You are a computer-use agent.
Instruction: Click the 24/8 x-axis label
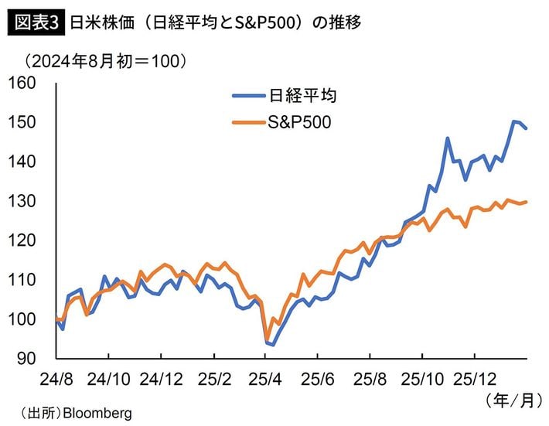[x=54, y=380]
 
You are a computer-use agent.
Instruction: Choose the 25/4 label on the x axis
[x=265, y=380]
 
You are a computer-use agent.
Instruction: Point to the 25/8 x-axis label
[x=370, y=380]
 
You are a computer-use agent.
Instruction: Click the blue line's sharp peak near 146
[x=448, y=138]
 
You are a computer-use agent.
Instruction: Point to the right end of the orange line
[x=527, y=202]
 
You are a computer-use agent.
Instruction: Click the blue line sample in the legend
[x=249, y=96]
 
